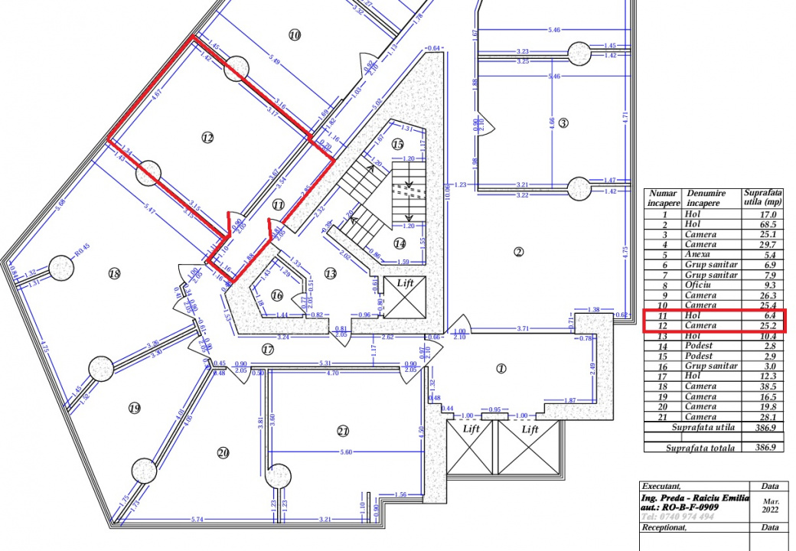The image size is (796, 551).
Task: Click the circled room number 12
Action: point(207,138)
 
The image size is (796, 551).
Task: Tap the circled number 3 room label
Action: point(563,122)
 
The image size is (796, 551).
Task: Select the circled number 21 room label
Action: point(343,431)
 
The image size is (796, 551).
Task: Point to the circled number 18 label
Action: point(115,273)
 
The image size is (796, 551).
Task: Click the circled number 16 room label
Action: point(276,295)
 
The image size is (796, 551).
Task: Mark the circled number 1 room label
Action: point(501,368)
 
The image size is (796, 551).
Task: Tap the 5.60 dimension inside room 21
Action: point(346,452)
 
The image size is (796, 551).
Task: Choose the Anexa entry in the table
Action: point(698,255)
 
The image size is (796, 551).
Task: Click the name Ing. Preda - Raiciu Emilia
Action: point(690,497)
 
